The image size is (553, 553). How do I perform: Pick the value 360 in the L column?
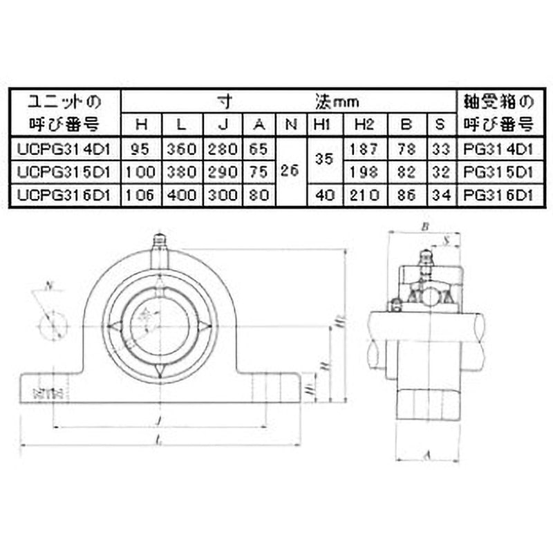182,148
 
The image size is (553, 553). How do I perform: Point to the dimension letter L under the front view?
160,440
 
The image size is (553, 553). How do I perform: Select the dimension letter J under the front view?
160,420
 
